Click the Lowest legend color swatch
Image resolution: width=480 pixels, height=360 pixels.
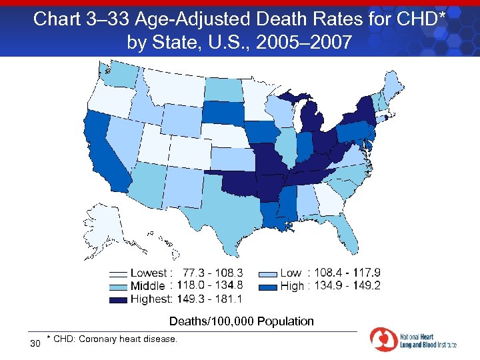118,273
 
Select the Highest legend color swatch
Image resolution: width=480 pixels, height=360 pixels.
118,299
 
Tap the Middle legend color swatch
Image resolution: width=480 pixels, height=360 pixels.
118,286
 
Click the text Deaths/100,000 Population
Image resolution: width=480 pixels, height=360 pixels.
241,321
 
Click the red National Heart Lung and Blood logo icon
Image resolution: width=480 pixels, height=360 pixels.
383,340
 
